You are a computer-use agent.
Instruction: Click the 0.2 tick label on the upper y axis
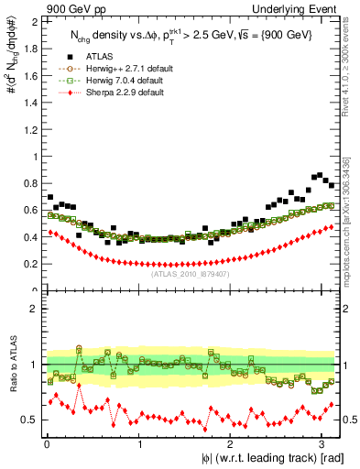29,264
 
